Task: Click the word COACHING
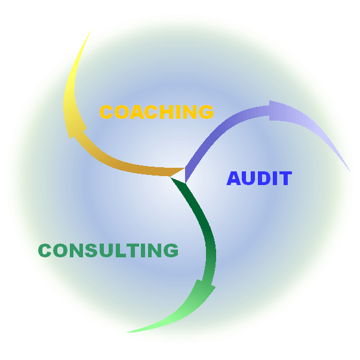(156, 112)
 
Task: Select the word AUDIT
(259, 178)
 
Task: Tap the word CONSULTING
(108, 250)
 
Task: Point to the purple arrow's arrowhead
(278, 110)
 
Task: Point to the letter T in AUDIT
(285, 178)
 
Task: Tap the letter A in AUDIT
(233, 178)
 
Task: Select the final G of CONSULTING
(170, 250)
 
